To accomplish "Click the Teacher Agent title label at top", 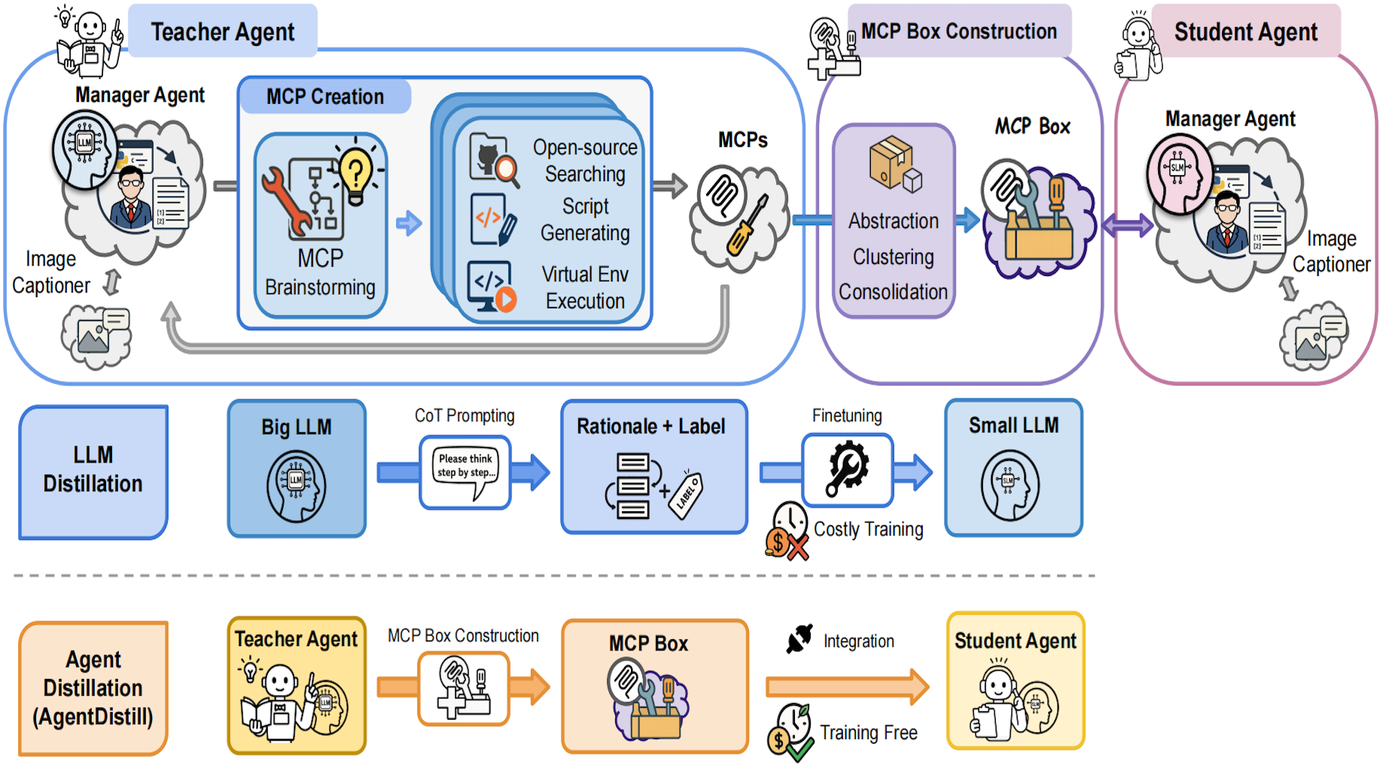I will (x=223, y=32).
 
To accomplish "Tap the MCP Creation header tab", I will (x=325, y=96).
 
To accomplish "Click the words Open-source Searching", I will (x=585, y=161).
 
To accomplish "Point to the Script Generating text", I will (x=585, y=220).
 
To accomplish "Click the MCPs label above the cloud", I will (x=742, y=140).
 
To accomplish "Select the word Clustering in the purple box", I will (x=893, y=256).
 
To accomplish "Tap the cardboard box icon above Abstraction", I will (x=893, y=163).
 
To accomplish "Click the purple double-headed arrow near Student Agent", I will (x=1127, y=224).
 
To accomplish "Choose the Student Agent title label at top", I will (x=1245, y=32).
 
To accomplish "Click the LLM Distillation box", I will (x=93, y=471).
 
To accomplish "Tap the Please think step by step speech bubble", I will (x=466, y=469).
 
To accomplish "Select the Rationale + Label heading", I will (x=651, y=426).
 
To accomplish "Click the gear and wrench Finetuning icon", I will (x=848, y=469).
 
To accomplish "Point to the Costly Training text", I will (x=869, y=529).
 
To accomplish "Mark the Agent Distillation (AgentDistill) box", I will (x=93, y=687).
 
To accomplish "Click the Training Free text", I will (x=869, y=732).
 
